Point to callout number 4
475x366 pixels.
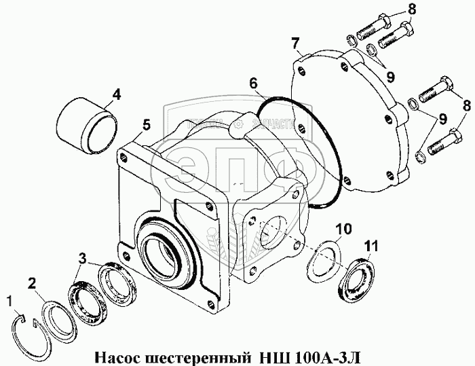[x=116, y=94]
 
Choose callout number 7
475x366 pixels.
[x=296, y=45]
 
